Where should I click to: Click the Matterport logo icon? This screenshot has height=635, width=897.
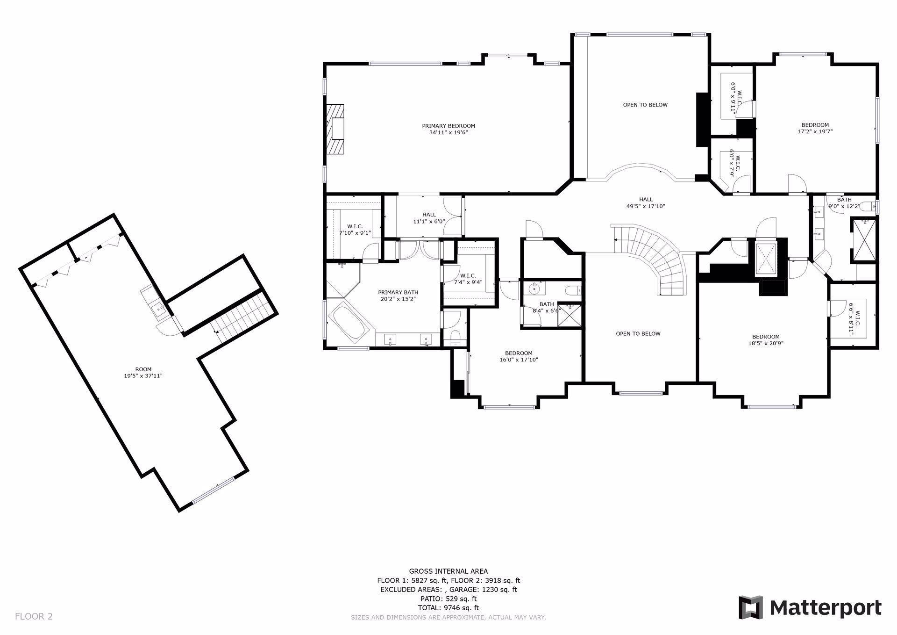750,607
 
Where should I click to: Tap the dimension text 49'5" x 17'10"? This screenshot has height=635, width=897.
646,206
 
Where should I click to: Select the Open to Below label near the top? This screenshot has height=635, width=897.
645,105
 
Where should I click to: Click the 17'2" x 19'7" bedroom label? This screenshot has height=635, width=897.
815,128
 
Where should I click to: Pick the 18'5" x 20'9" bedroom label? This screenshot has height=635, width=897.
766,340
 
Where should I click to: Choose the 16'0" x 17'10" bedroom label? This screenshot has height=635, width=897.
519,356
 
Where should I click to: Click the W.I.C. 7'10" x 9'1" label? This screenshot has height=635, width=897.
355,229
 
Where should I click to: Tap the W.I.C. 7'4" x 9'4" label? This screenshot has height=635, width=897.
468,279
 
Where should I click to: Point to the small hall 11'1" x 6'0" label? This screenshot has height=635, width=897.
429,218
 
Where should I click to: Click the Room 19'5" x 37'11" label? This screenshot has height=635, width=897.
143,372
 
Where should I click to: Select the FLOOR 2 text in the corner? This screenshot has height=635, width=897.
34,616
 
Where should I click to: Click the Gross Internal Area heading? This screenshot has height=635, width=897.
448,571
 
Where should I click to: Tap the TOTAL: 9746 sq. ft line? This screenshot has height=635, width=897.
448,608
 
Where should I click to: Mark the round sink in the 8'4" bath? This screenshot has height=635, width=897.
534,290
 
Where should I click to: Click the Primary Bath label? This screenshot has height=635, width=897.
398,296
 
